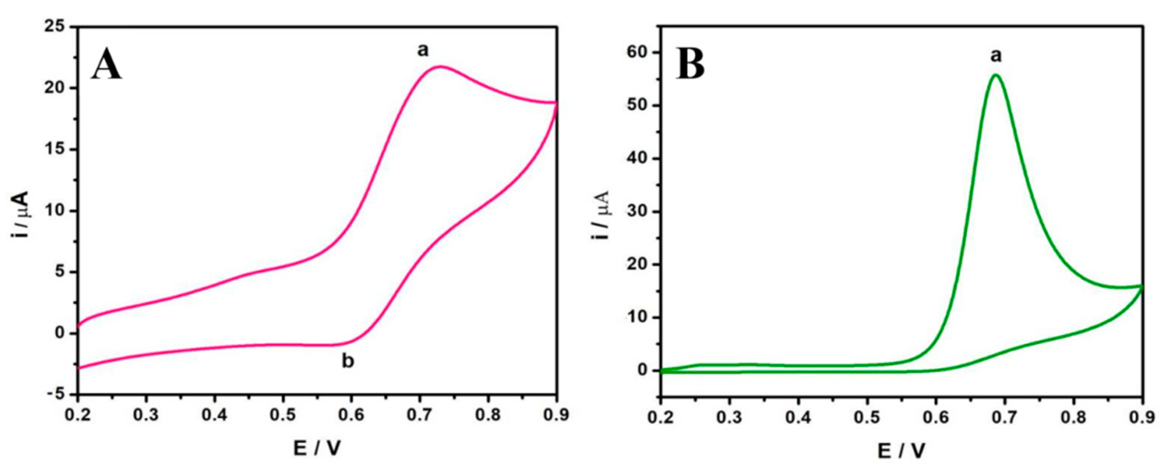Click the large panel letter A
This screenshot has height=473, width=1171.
[107, 66]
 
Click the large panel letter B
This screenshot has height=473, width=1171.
[690, 66]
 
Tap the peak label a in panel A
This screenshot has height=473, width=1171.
[423, 51]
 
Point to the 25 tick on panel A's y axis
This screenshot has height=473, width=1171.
[60, 27]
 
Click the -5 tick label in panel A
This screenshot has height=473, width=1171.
[57, 395]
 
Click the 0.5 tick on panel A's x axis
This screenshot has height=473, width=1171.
[283, 416]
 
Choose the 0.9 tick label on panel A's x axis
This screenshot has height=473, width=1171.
[556, 416]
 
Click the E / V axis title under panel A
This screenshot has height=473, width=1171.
[317, 449]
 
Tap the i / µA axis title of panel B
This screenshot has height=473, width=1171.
[601, 214]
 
